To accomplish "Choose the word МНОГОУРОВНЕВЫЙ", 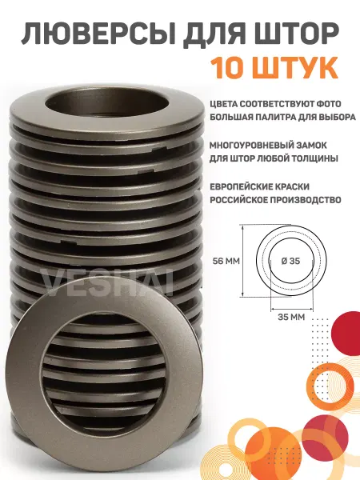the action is (x=253, y=145).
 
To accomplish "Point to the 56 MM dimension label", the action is (x=226, y=261).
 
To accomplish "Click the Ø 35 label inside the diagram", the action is (x=291, y=261).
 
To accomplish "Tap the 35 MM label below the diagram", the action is (x=291, y=317).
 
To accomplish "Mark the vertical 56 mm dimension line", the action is (x=242, y=261).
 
